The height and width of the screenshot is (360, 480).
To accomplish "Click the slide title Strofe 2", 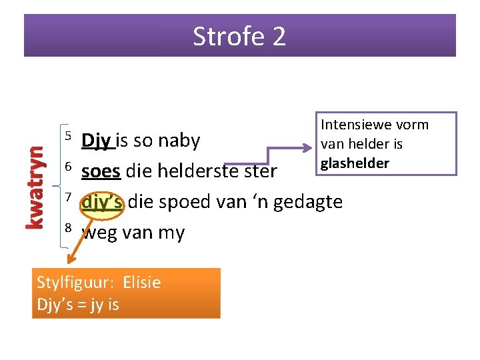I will tap(239, 36).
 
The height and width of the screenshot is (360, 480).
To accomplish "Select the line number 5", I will tap(67, 137).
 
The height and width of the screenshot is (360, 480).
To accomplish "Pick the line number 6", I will tap(67, 167).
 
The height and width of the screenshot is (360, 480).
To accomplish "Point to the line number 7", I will tap(67, 197).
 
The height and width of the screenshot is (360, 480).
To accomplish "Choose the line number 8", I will tap(67, 228).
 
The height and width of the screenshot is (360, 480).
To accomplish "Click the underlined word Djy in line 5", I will tap(97, 141).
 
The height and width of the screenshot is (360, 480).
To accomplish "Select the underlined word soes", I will tap(101, 171).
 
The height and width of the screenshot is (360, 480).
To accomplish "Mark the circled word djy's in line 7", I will tap(102, 201).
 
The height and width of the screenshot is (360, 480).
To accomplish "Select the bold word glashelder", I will tap(355, 163).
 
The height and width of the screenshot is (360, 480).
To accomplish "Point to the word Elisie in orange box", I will tap(141, 282).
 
